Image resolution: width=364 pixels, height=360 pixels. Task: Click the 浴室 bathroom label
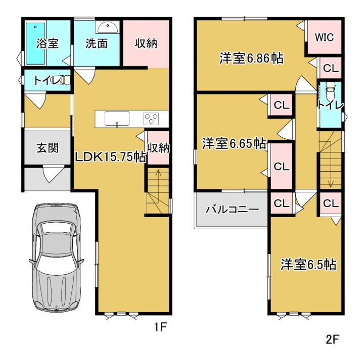pos(48,43)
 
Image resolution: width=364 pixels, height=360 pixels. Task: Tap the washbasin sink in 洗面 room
pos(108,27)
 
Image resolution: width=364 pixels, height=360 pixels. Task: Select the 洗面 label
pos(97,43)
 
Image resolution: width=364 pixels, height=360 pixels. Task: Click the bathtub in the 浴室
pos(35,43)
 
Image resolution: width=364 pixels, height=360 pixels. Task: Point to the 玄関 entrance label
pos(48,147)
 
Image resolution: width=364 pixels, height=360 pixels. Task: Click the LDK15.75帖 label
pos(111,158)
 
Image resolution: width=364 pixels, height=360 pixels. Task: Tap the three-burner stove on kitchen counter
pos(151,119)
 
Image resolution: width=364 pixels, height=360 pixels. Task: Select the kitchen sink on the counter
pos(117,119)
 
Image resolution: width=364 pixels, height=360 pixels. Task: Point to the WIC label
pos(324,37)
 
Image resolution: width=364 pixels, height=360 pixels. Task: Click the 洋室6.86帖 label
pos(251,58)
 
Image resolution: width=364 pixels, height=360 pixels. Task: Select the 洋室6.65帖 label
pos(234,143)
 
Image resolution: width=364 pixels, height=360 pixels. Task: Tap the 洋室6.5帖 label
pos(308,264)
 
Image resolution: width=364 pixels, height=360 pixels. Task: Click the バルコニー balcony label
pos(233,210)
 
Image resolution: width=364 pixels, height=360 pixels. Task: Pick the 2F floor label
pos(333,340)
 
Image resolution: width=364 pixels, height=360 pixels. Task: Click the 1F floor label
pos(160,327)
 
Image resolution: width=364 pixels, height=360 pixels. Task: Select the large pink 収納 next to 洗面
pos(146,44)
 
